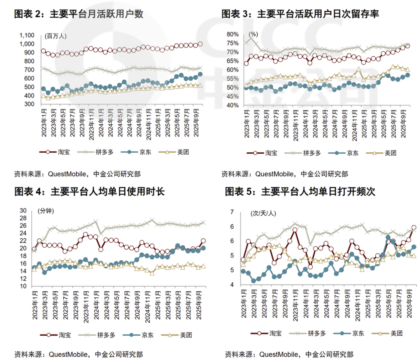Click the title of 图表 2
pos(79,14)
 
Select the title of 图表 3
pos(300,14)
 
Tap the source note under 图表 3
pos(285,174)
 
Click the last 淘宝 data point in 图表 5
pos(414,228)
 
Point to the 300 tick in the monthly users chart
pos(29,104)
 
